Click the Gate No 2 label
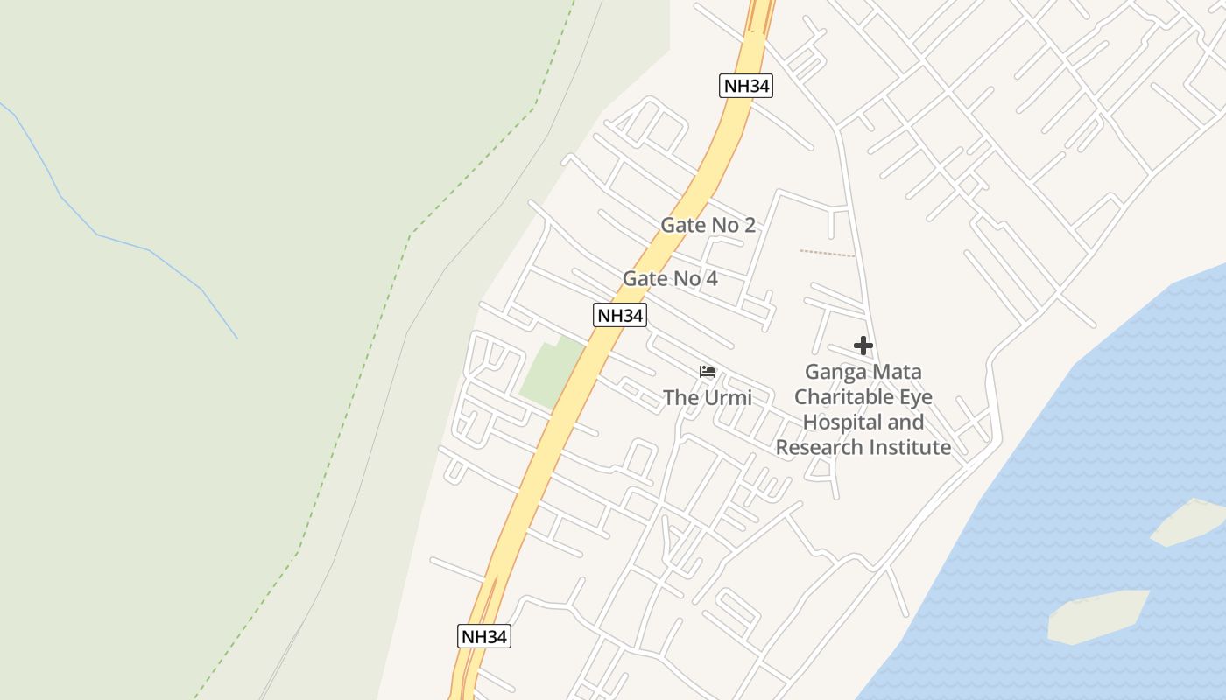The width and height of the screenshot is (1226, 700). point(708,225)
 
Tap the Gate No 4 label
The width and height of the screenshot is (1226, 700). point(670,278)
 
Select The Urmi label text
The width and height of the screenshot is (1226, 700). point(707,398)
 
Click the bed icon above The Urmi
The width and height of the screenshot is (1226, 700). point(708,372)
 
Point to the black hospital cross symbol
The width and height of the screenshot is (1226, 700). point(863,346)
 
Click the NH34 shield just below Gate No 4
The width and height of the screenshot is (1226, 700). point(620,316)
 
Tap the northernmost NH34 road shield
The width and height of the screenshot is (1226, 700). point(747,86)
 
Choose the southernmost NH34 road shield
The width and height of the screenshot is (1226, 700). point(483,636)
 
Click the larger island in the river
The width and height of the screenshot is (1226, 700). point(1099,615)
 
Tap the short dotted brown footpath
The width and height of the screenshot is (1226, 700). point(827,254)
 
